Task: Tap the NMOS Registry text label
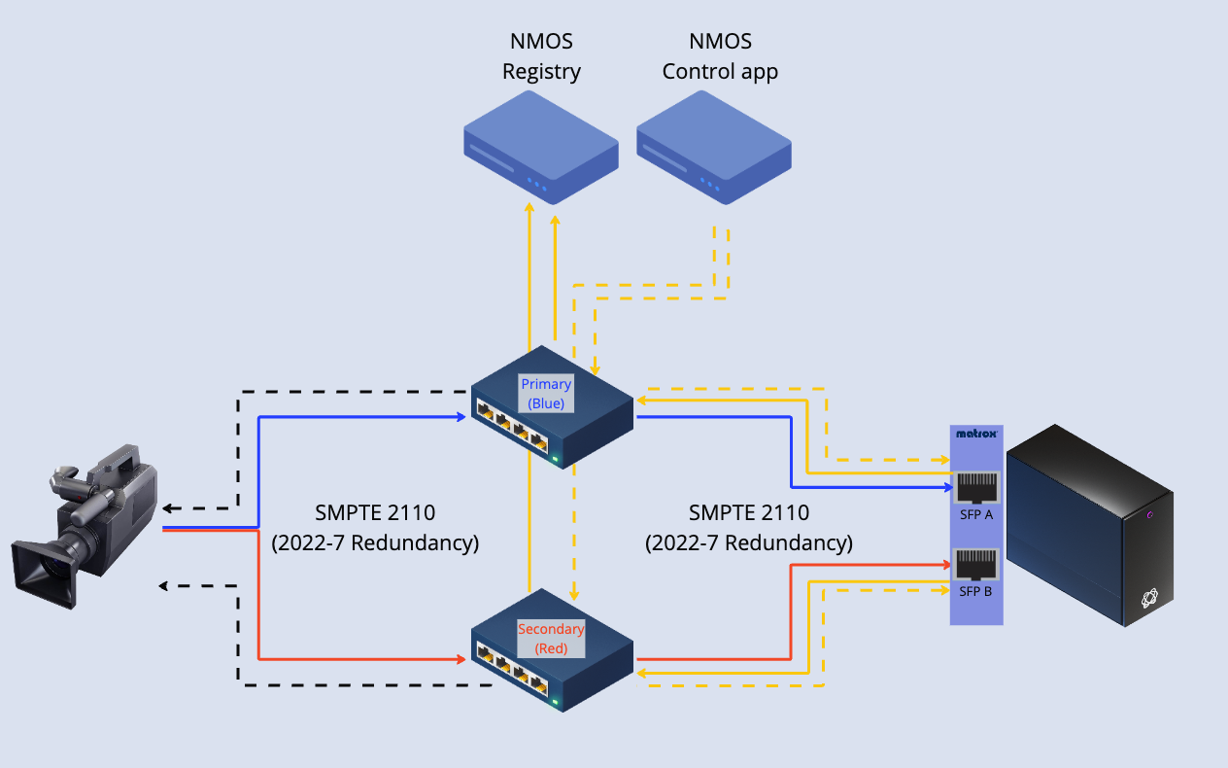(x=541, y=56)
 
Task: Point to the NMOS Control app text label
(x=720, y=56)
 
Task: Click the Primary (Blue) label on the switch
(x=546, y=393)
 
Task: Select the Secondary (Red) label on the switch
(x=551, y=638)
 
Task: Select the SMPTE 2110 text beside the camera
(x=375, y=513)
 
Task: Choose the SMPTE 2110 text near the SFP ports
(x=748, y=513)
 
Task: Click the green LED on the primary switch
(x=555, y=458)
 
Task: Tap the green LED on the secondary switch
(x=555, y=702)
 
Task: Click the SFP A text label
(x=974, y=514)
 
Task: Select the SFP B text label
(x=974, y=590)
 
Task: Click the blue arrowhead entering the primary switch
(x=461, y=417)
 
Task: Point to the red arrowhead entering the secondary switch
(x=461, y=659)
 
